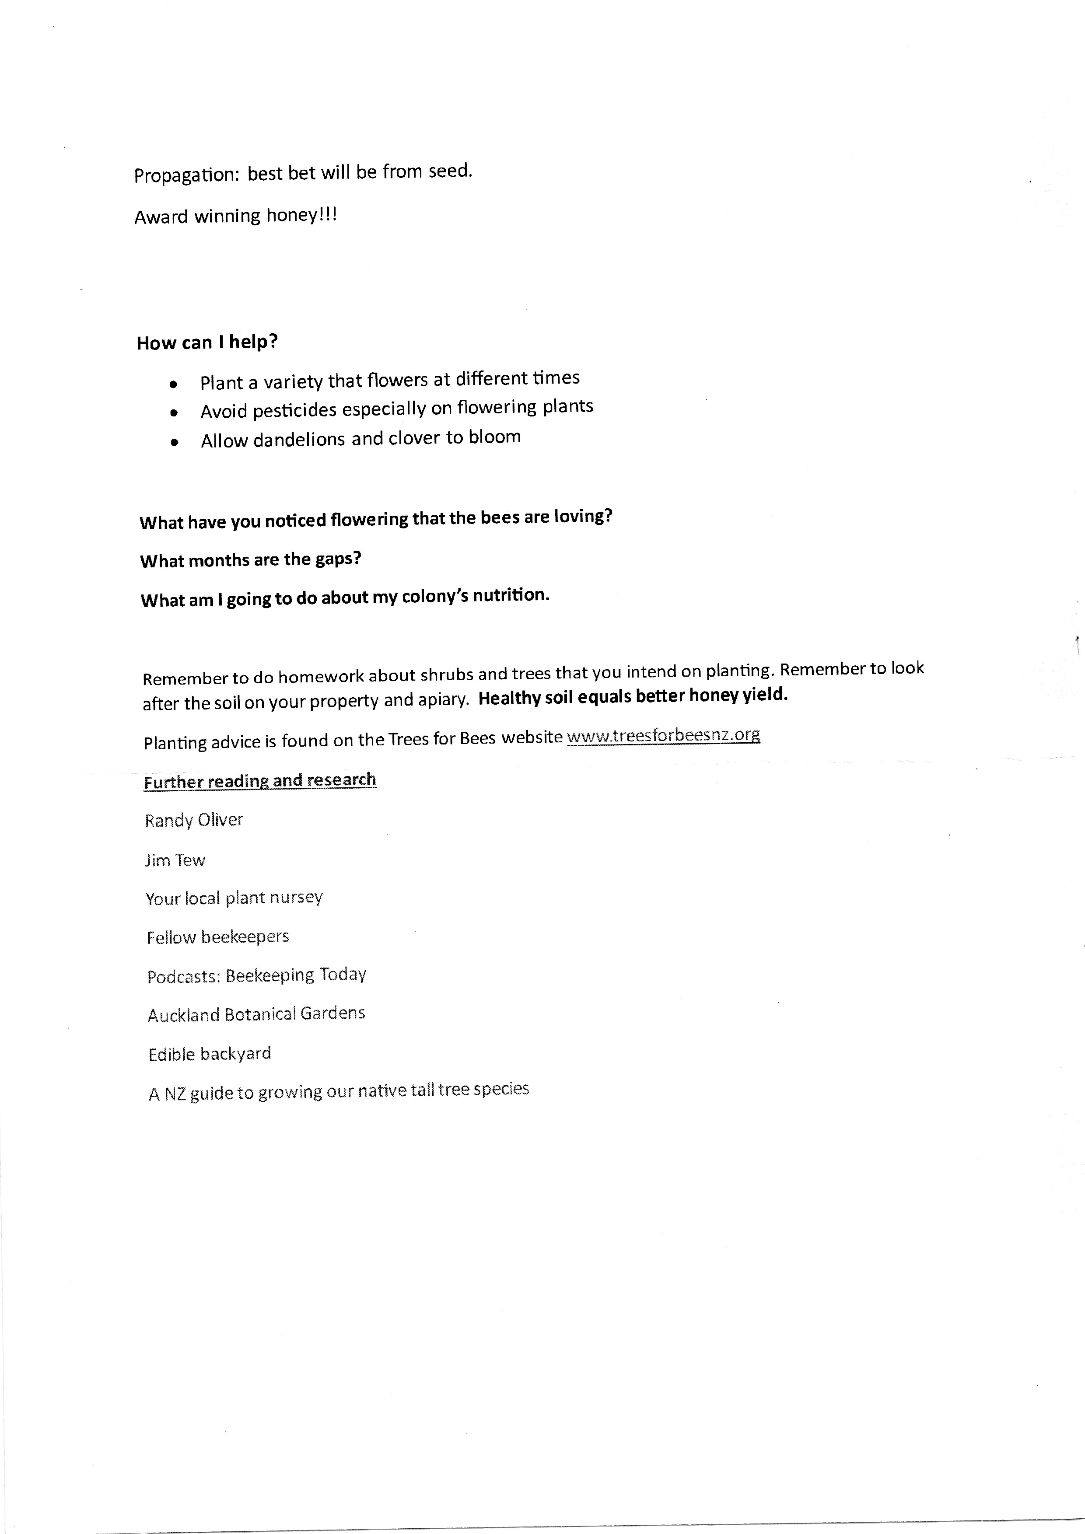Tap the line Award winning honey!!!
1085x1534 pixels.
point(235,216)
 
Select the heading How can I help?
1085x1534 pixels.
point(207,342)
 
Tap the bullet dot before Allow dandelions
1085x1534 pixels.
point(175,442)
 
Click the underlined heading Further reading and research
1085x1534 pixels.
point(260,780)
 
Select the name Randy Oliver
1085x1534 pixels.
point(194,820)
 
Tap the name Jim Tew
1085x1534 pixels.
point(175,860)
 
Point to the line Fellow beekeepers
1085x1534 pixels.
point(218,936)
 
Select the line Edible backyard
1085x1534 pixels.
point(210,1054)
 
